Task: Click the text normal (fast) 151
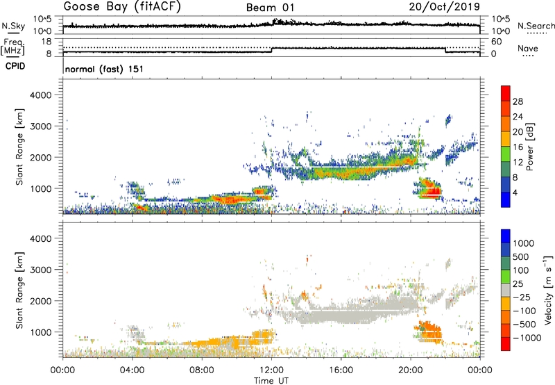pos(104,69)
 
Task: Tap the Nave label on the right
pos(528,48)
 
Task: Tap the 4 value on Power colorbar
pos(518,192)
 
